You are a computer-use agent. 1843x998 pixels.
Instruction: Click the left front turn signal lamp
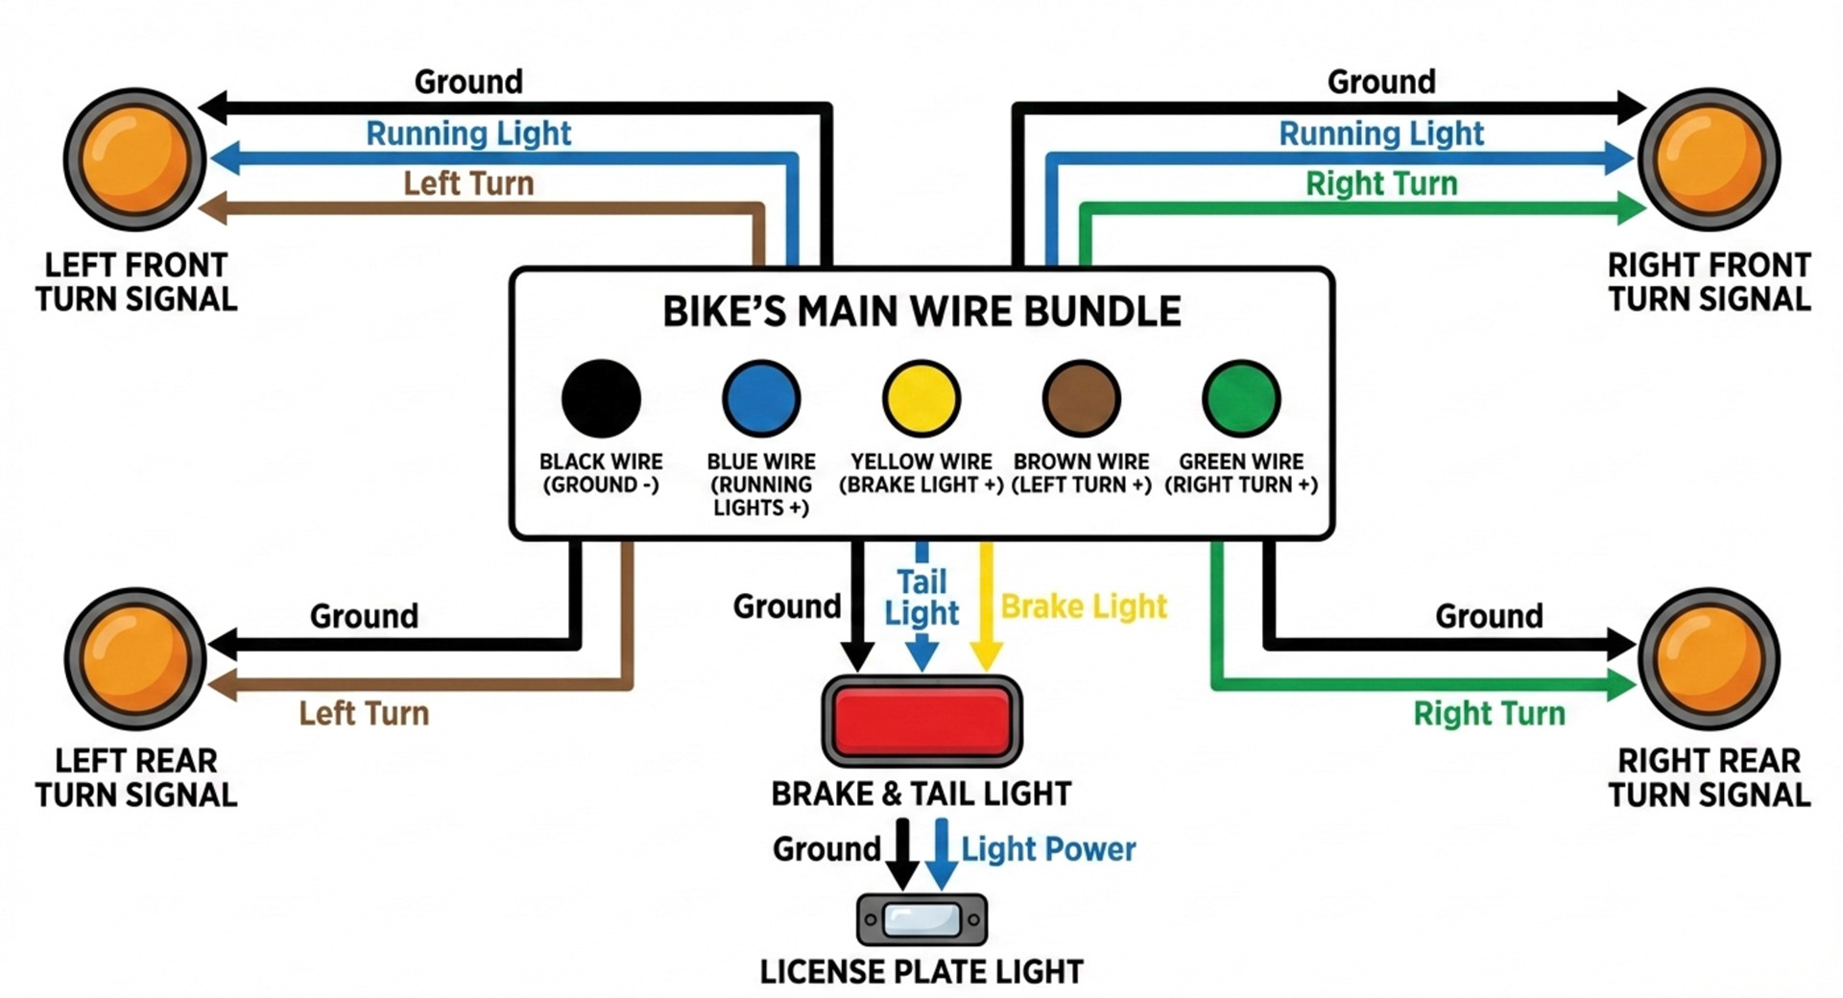click(x=134, y=158)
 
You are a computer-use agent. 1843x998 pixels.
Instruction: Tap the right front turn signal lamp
click(x=1709, y=158)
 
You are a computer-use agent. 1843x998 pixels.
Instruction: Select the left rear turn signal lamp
click(x=134, y=658)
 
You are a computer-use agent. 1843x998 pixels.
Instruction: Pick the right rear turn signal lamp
click(x=1709, y=658)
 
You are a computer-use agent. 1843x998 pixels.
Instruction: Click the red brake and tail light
click(x=921, y=721)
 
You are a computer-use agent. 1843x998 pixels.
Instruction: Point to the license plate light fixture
click(x=921, y=919)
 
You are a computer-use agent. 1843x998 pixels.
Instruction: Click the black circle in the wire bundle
click(x=601, y=398)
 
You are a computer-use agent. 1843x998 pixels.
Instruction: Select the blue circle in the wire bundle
click(x=761, y=398)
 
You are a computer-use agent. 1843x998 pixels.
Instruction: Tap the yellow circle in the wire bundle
click(x=921, y=398)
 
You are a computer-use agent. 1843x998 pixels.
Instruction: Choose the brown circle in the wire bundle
click(x=1081, y=398)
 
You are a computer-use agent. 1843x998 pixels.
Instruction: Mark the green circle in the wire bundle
click(x=1240, y=398)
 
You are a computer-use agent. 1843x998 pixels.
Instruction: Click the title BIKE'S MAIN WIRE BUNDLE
click(x=921, y=312)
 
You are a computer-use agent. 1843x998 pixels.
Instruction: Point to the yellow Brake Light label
click(x=1083, y=606)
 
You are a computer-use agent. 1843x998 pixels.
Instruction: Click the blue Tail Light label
click(x=921, y=597)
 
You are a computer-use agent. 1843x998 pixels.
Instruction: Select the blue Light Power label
click(x=1048, y=849)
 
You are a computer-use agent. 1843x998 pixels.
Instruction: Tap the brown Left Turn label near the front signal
click(x=468, y=183)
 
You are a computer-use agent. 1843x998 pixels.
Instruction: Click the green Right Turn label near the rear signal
click(x=1489, y=713)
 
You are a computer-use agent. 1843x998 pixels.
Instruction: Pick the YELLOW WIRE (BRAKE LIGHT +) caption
click(x=921, y=473)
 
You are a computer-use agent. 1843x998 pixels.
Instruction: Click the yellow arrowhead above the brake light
click(x=986, y=656)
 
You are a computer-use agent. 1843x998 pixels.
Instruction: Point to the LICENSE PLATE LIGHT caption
click(x=921, y=972)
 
